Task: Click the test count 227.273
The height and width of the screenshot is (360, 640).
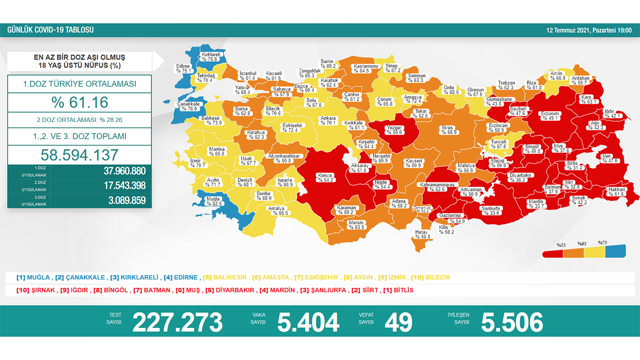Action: pos(177,322)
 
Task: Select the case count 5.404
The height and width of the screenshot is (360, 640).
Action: pos(308,322)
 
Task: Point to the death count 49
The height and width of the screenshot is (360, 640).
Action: pos(398,322)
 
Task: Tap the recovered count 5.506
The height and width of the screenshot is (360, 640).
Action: pos(511,322)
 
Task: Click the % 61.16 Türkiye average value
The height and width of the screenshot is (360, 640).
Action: pos(79,102)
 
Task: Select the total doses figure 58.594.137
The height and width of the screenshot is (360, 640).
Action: pos(79,154)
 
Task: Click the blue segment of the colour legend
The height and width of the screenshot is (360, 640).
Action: pos(615,251)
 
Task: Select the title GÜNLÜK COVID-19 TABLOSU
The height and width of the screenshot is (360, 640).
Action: pos(50,30)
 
